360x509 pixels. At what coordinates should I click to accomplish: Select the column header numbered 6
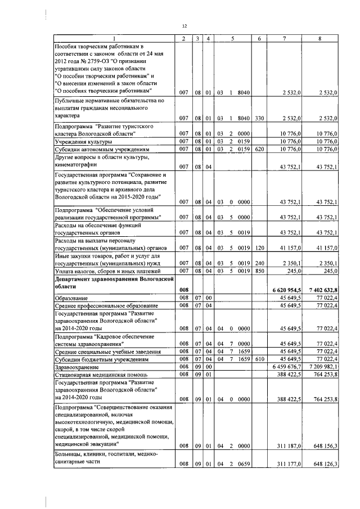259,38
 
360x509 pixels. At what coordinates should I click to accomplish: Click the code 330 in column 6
259,118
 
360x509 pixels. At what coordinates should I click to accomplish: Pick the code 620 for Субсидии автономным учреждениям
259,150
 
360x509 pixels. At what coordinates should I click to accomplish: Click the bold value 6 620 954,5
289,289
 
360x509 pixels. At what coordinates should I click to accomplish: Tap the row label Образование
70,297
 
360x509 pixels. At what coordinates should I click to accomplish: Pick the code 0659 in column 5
244,465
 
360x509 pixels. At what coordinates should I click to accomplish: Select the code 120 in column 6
259,247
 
